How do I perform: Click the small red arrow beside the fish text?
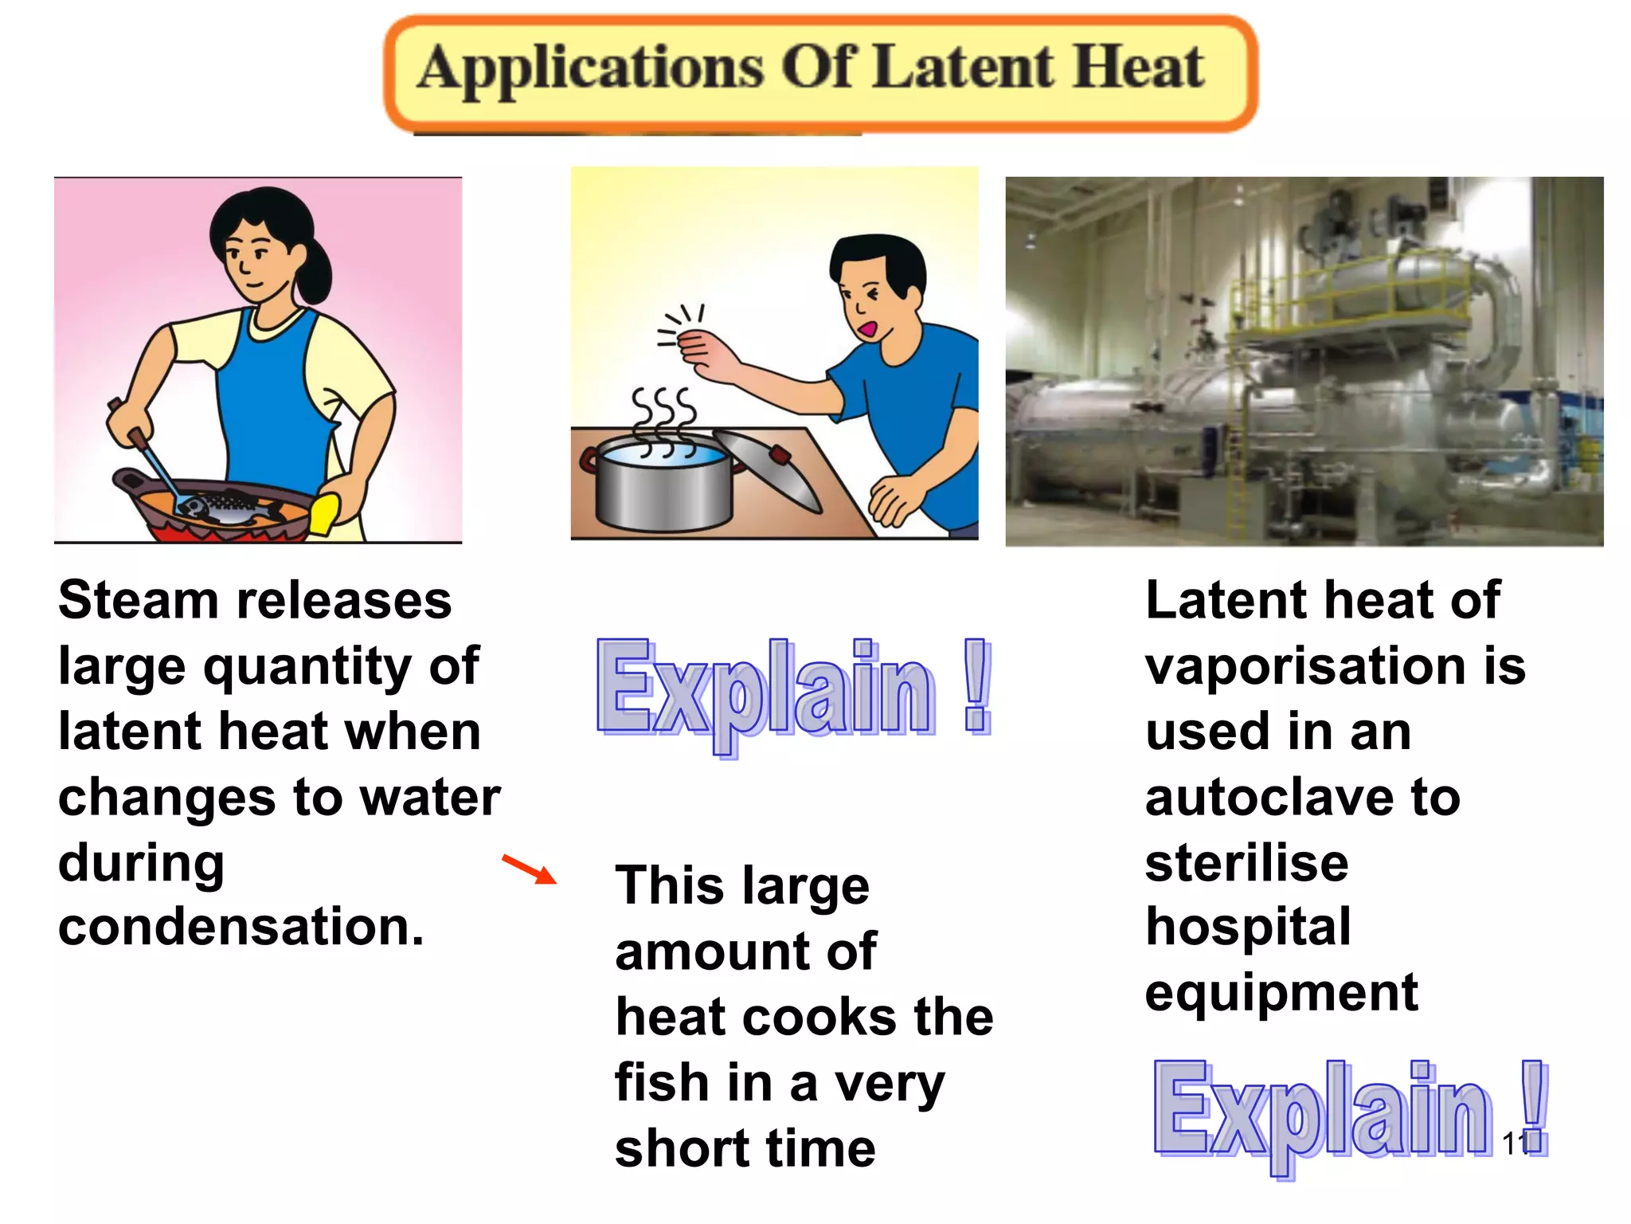pos(530,869)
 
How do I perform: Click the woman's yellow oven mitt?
pos(324,514)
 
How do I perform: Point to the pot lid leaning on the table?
pos(768,470)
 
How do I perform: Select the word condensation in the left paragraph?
pos(241,928)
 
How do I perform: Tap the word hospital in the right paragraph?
pos(1248,928)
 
